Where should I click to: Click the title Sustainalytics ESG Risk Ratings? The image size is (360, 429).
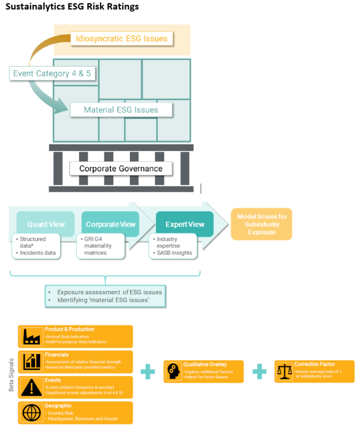(72, 7)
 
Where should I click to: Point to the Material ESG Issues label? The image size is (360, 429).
(121, 110)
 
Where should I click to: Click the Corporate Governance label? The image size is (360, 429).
(121, 169)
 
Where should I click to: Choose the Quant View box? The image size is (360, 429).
(45, 224)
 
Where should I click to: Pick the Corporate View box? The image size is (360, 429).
(111, 224)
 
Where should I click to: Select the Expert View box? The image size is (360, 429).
(185, 224)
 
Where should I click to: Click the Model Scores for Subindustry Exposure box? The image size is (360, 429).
(262, 224)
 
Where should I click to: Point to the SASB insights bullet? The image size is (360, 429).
(171, 253)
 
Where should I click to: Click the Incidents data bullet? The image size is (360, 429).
(37, 253)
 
